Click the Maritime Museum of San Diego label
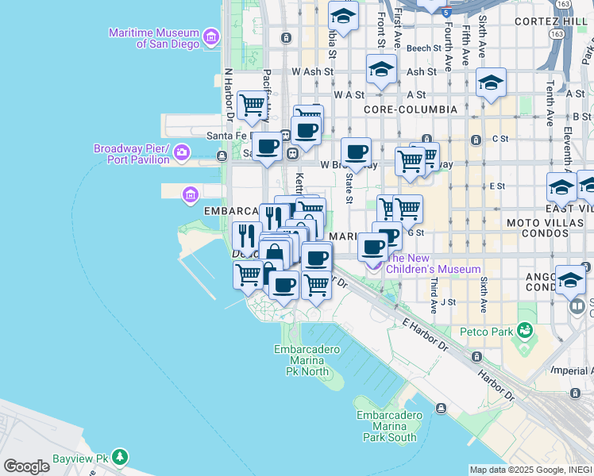coord(156,38)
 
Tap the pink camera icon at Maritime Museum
coord(211,36)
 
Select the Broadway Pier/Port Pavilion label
coord(132,154)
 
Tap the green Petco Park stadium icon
coord(524,329)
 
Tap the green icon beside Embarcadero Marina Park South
coord(441,409)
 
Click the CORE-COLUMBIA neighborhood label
coord(411,109)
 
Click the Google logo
coord(26,466)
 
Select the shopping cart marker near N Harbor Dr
coord(252,104)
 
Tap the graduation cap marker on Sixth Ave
coord(491,82)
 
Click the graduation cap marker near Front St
coord(381,69)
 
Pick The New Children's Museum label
coord(434,264)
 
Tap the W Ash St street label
coord(310,71)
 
